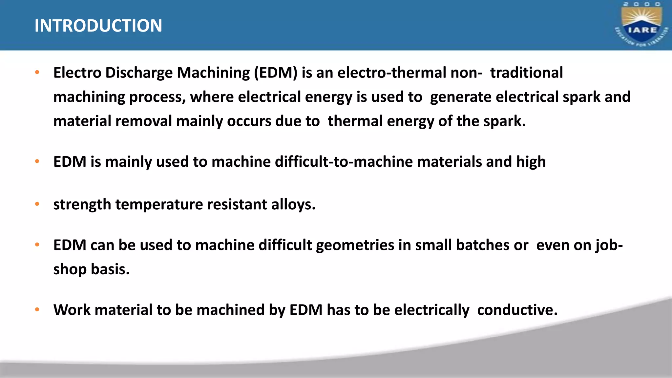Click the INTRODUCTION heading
(98, 26)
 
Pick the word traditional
(526, 73)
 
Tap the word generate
(461, 97)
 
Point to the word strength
(82, 205)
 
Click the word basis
(110, 269)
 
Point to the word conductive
(517, 310)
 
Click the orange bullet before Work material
(37, 309)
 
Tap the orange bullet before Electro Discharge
(37, 72)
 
